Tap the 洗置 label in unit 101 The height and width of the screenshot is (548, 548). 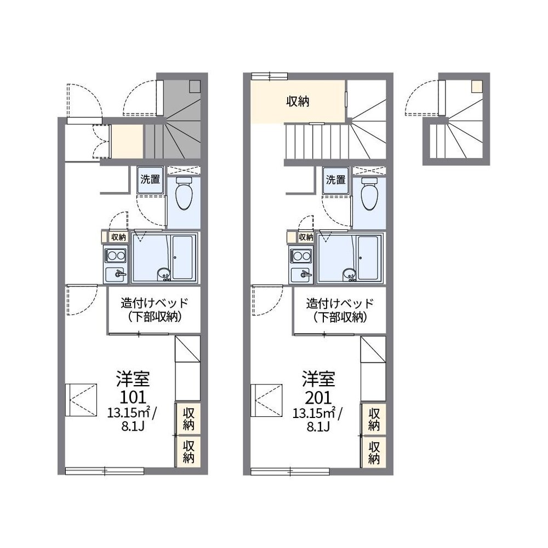[x=150, y=179]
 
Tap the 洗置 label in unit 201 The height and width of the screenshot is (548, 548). [x=336, y=179]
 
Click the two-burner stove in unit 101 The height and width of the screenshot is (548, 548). [x=116, y=256]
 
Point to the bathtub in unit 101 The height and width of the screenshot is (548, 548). [x=183, y=258]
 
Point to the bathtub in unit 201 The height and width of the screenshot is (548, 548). [x=368, y=258]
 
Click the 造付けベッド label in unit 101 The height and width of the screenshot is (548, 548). [x=155, y=303]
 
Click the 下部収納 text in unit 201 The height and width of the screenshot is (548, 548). [x=340, y=317]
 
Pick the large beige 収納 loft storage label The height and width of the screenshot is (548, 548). [x=298, y=101]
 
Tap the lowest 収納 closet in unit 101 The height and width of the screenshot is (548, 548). [x=189, y=452]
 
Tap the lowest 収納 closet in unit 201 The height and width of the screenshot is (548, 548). [x=374, y=452]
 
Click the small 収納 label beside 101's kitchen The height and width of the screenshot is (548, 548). [x=118, y=237]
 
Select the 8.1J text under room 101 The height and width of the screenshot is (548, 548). [x=133, y=427]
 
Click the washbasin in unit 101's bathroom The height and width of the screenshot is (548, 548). [x=163, y=274]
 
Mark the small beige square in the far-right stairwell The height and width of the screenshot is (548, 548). [x=476, y=87]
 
